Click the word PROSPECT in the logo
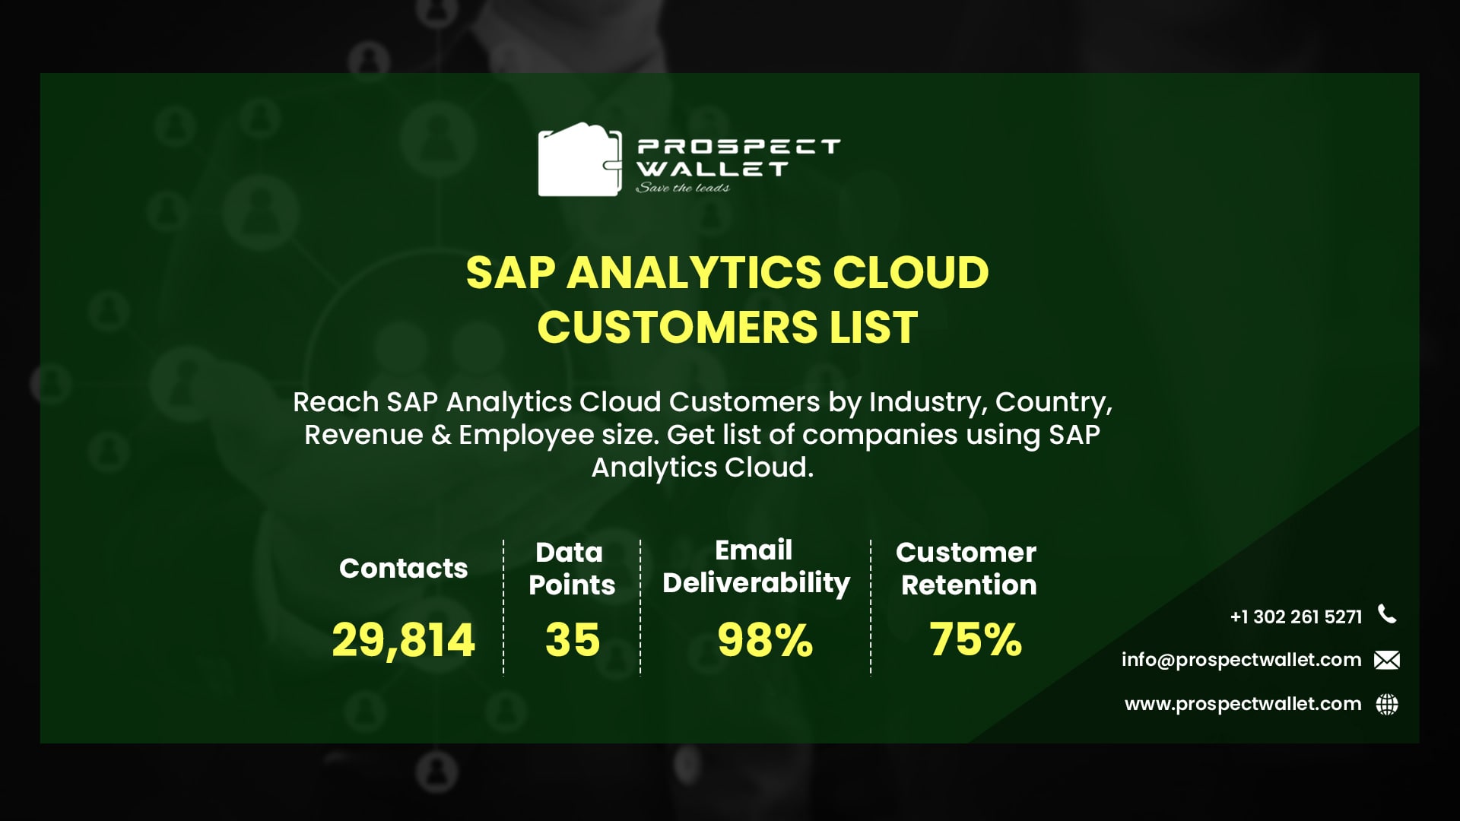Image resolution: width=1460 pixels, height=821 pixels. pyautogui.click(x=738, y=146)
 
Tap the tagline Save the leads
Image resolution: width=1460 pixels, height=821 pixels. pyautogui.click(x=682, y=188)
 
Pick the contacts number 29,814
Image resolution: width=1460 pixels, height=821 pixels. pyautogui.click(x=403, y=639)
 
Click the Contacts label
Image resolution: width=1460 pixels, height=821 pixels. pyautogui.click(x=403, y=568)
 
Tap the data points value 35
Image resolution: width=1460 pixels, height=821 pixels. pyautogui.click(x=572, y=639)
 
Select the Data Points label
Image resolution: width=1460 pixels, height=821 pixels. pyautogui.click(x=571, y=568)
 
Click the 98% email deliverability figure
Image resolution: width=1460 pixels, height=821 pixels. pyautogui.click(x=764, y=639)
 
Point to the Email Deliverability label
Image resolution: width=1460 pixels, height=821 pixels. pyautogui.click(x=756, y=566)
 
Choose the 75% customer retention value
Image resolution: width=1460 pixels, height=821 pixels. pyautogui.click(x=975, y=639)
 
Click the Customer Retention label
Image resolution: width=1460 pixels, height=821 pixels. pyautogui.click(x=966, y=568)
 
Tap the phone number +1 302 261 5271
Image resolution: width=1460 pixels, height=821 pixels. pyautogui.click(x=1296, y=617)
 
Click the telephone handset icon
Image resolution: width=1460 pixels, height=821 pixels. pyautogui.click(x=1387, y=614)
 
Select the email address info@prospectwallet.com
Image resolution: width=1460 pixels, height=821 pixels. pyautogui.click(x=1241, y=660)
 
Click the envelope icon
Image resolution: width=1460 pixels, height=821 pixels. pyautogui.click(x=1387, y=660)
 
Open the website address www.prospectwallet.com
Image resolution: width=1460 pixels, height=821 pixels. pyautogui.click(x=1243, y=704)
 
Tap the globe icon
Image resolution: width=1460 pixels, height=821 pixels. pyautogui.click(x=1387, y=705)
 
